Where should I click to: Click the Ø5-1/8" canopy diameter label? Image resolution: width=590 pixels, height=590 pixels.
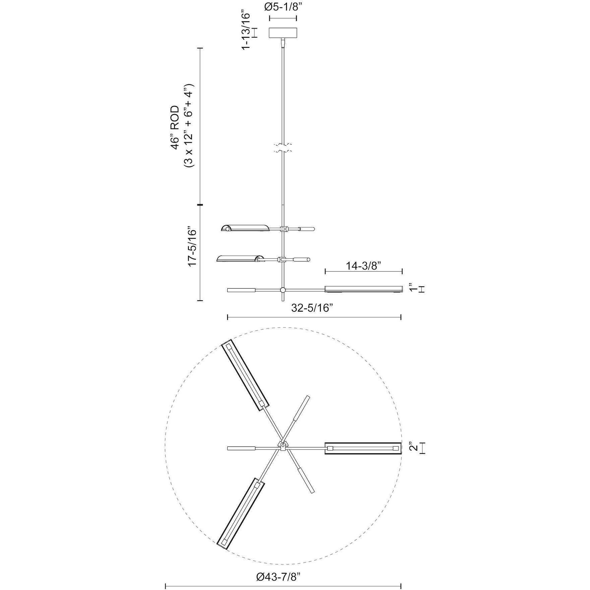[x=283, y=7]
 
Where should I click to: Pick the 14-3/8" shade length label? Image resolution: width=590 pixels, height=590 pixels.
[x=363, y=266]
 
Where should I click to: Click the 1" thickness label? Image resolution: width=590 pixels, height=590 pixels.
[x=414, y=289]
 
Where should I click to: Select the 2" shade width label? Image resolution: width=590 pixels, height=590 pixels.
[x=414, y=448]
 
